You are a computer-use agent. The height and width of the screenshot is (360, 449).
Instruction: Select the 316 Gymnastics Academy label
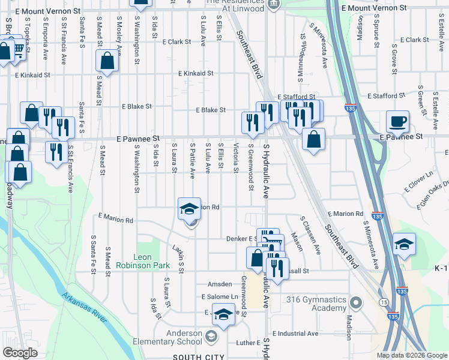coord(317,304)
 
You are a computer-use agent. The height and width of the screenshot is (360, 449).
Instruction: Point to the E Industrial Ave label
coord(295,333)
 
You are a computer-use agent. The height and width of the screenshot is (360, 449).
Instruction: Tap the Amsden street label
coord(219,284)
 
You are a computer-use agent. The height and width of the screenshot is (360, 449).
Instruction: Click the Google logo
coord(20,353)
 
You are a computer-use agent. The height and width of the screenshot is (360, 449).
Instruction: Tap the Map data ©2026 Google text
coord(411,355)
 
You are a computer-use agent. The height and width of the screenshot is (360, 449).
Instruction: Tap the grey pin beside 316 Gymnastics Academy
coord(355,302)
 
